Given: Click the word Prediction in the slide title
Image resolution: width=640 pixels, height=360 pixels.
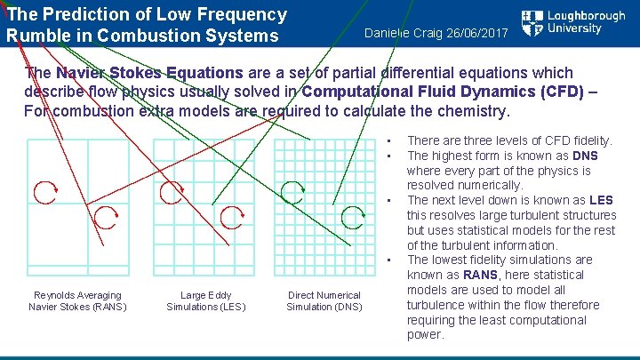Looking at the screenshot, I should pyautogui.click(x=92, y=15).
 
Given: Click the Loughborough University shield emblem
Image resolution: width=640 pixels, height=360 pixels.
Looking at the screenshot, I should pyautogui.click(x=532, y=24).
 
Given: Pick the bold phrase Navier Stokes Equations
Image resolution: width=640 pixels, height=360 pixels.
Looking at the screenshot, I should pyautogui.click(x=149, y=73).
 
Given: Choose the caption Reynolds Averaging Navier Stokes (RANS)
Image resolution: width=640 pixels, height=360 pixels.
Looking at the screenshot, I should pyautogui.click(x=77, y=301).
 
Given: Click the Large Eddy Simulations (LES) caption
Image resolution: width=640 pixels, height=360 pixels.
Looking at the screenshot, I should pyautogui.click(x=205, y=301).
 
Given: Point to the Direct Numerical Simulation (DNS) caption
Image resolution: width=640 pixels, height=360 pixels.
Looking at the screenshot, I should pyautogui.click(x=324, y=301).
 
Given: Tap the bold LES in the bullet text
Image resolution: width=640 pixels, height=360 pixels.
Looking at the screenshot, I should pyautogui.click(x=600, y=200).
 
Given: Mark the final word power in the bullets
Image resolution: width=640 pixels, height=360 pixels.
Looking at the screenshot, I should pyautogui.click(x=425, y=334).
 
